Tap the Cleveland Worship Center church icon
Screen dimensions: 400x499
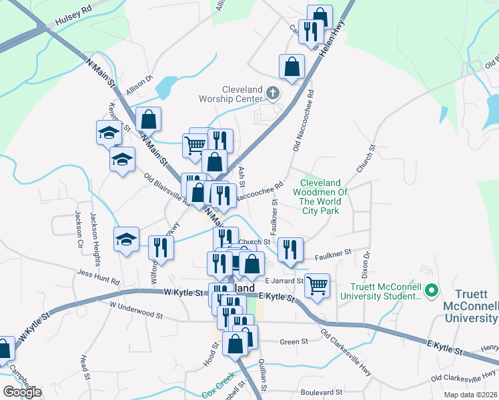click(272, 92)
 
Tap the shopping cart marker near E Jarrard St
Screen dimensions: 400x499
click(318, 285)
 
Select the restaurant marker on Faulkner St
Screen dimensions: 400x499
click(290, 249)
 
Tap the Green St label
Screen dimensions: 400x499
click(294, 341)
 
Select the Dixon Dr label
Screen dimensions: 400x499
click(365, 264)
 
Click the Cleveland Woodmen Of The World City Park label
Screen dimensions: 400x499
click(320, 197)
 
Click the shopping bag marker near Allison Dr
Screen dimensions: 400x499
click(148, 119)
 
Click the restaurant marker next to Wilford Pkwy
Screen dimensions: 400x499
click(161, 247)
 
